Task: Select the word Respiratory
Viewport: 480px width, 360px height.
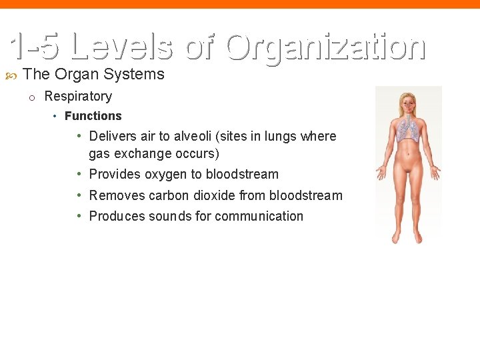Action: [x=78, y=96]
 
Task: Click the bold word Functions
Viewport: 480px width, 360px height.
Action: [x=93, y=116]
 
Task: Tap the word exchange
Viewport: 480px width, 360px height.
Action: [x=142, y=153]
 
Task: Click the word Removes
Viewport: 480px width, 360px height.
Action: [x=117, y=195]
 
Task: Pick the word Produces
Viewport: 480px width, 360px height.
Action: [x=117, y=216]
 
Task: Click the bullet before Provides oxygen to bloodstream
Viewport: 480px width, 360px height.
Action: [x=79, y=174]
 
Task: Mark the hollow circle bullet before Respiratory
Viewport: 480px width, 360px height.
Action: [x=31, y=97]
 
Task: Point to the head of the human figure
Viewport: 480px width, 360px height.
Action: [x=407, y=101]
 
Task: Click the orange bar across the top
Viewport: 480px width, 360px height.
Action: [x=240, y=4]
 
